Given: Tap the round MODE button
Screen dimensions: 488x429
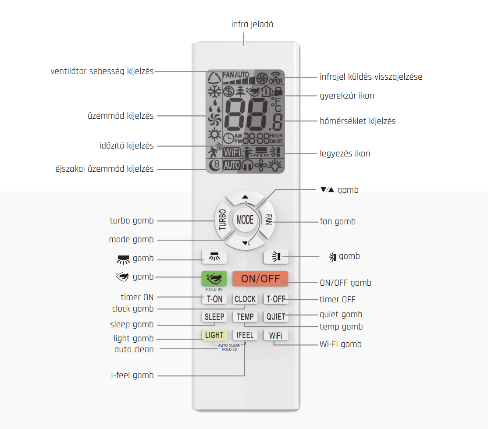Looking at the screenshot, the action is pos(245,220).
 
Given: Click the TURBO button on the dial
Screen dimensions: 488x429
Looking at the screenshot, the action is pos(222,220).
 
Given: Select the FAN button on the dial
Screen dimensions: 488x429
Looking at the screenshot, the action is pos(268,220).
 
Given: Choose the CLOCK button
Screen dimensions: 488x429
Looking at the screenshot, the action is pos(245,299).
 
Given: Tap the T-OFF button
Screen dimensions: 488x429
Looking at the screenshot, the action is pos(276,299).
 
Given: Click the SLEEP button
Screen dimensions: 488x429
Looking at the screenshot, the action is pos(214,317).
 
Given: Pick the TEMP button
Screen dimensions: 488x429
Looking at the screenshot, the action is pos(245,317).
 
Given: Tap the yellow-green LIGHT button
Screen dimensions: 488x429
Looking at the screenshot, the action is pos(214,335).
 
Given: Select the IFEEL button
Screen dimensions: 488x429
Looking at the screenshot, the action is pos(245,335).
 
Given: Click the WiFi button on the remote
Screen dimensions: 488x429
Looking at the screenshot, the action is pos(276,335).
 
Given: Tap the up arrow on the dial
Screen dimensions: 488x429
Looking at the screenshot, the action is pos(245,197).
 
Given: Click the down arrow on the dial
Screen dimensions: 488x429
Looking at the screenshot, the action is pos(245,243).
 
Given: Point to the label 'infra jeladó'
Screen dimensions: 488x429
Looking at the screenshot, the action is pos(252,24).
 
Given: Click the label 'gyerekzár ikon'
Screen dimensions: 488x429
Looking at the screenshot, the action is pos(347,96).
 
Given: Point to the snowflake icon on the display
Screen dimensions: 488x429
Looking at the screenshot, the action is pos(214,92).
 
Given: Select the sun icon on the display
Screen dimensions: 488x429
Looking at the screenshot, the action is pos(214,135).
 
